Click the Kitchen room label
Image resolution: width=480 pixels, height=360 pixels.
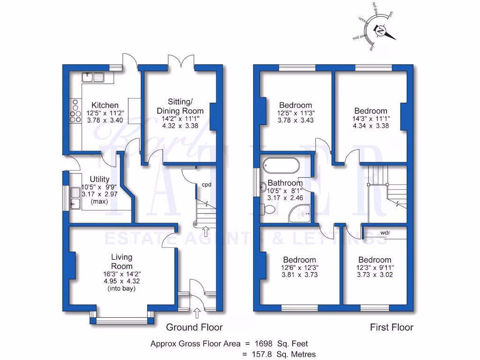coord(105,105)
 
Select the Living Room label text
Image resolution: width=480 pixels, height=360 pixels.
coord(121,262)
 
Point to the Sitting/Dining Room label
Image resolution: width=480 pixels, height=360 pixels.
coord(180,106)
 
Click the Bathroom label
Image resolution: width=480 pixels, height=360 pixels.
coord(285,183)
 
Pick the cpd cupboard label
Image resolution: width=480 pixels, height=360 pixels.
coord(206,184)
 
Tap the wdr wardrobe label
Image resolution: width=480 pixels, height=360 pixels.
coord(385,232)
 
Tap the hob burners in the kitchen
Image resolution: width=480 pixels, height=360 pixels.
coord(75,112)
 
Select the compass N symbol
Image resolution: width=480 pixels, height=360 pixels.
coord(380,31)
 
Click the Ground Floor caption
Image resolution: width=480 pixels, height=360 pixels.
coord(195,327)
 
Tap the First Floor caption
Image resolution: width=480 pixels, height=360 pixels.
coord(392,327)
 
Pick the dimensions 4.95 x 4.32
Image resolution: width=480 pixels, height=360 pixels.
coord(121,281)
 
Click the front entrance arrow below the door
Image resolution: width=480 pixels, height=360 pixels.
coord(197,312)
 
